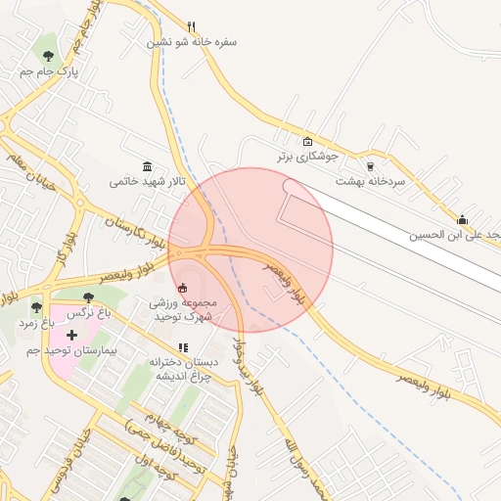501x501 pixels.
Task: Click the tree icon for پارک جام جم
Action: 49,56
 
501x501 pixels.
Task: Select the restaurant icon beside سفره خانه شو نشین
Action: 192,26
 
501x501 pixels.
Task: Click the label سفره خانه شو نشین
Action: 192,42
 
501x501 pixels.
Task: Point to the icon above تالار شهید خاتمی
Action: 147,165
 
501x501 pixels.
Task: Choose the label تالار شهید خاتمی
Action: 147,181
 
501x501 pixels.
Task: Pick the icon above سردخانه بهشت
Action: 370,165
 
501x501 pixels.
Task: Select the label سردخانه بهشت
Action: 370,181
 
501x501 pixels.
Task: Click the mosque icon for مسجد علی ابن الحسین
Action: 462,219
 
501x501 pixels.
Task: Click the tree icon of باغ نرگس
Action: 89,296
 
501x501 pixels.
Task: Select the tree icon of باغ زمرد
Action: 36,307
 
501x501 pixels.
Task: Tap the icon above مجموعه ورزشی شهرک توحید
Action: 183,289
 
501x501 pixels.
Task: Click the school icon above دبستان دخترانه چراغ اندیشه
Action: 183,346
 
